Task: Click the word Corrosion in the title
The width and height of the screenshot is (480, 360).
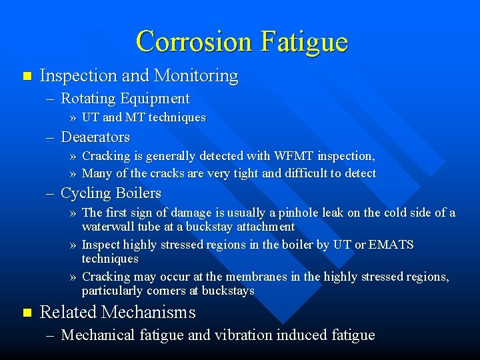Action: coord(194,41)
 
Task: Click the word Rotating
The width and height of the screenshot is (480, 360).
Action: coord(88,99)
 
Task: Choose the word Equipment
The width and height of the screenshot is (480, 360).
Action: coord(155,99)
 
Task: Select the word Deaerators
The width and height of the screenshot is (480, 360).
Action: coord(95,137)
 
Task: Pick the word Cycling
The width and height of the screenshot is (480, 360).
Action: coord(87,194)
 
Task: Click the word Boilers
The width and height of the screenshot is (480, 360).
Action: coord(139,193)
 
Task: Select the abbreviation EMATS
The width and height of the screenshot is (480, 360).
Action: coord(391,245)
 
